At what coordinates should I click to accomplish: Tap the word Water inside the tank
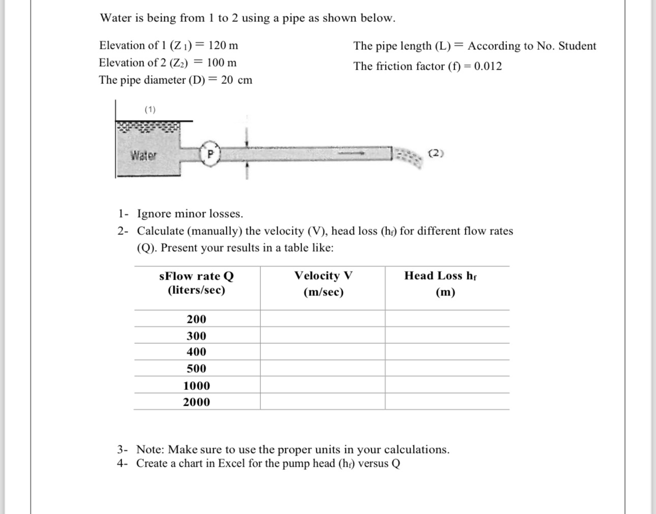[x=143, y=155]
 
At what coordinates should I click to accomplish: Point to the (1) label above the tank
[x=150, y=109]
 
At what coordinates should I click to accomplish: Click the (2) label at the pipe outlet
[x=436, y=153]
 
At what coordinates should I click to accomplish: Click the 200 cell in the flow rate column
[x=196, y=319]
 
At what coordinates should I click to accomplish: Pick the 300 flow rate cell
[x=196, y=336]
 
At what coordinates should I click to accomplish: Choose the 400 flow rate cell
[x=196, y=352]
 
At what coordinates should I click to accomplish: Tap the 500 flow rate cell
[x=196, y=369]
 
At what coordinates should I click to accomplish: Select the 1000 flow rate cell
[x=196, y=385]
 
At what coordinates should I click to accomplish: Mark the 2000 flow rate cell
[x=196, y=402]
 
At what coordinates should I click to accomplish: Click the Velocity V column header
[x=323, y=283]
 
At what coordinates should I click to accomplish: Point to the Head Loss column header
[x=440, y=283]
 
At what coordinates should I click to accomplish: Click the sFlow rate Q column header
[x=196, y=283]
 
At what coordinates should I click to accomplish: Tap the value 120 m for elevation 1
[x=223, y=45]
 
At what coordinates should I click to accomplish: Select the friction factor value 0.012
[x=488, y=66]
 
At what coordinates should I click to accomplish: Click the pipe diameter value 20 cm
[x=236, y=80]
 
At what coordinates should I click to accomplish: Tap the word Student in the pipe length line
[x=577, y=46]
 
